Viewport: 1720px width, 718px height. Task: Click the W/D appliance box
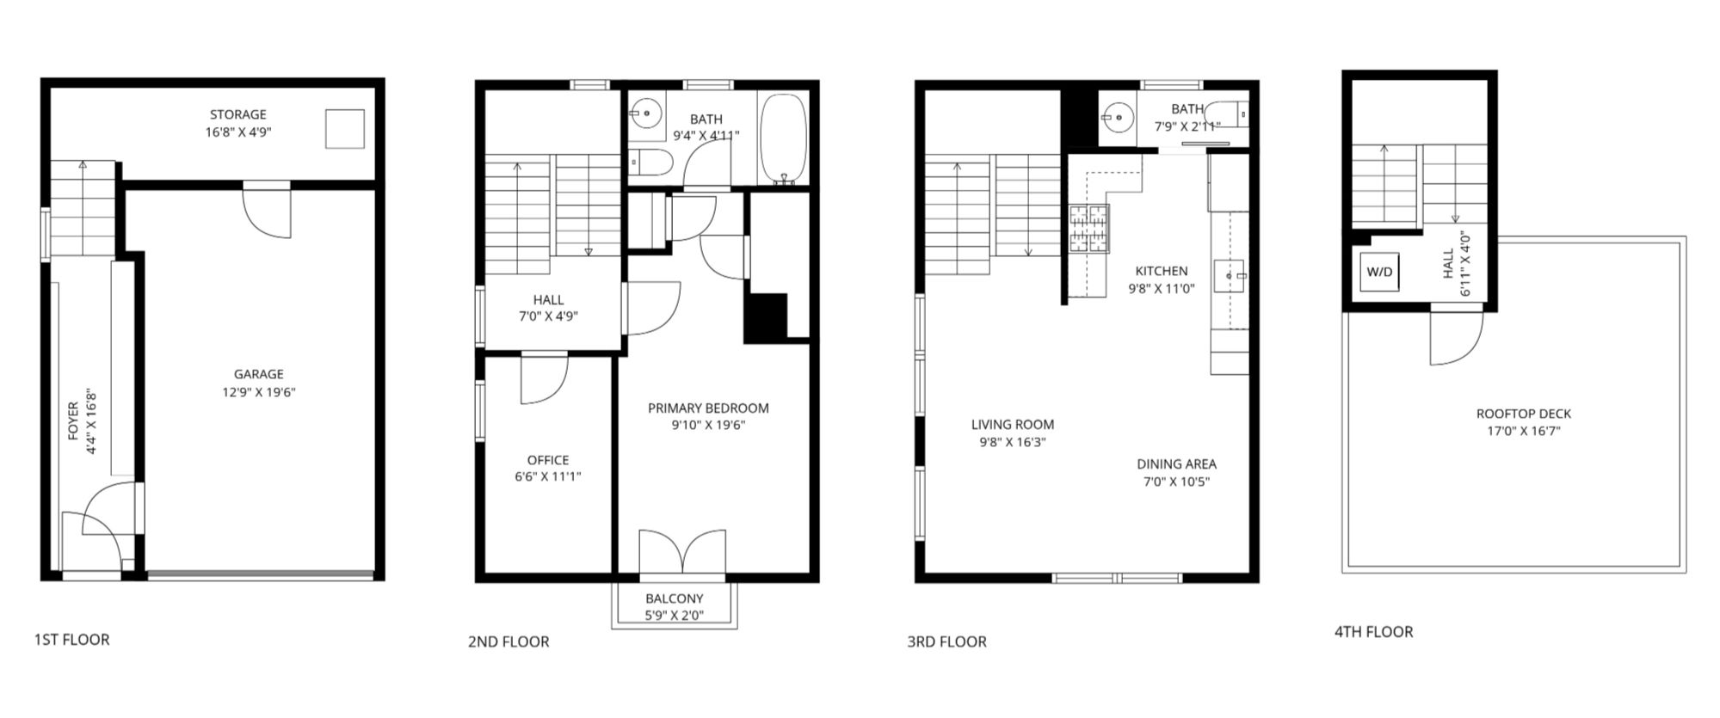pos(1378,272)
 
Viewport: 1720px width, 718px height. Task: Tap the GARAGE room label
pos(258,374)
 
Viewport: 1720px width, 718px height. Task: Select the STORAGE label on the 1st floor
pos(238,114)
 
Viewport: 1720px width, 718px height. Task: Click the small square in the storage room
pos(344,129)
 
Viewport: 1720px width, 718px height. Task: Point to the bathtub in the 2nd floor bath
pos(783,139)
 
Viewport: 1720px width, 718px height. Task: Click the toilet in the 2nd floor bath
pos(650,161)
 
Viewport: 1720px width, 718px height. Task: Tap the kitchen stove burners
pos(1089,230)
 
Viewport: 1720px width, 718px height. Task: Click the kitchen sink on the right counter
pos(1230,276)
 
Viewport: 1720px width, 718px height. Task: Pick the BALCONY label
pos(675,598)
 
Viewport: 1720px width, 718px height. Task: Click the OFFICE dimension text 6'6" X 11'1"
pos(548,477)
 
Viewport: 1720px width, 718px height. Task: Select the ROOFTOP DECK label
pos(1524,414)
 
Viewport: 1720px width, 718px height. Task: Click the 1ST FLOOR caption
pos(72,640)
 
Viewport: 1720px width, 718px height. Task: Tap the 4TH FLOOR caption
pos(1373,632)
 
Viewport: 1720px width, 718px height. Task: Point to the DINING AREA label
pos(1176,464)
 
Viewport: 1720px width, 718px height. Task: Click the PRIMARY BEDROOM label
pos(708,408)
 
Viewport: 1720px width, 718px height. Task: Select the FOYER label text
pos(72,421)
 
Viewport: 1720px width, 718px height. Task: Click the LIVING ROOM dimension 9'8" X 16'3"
pos(1012,443)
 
